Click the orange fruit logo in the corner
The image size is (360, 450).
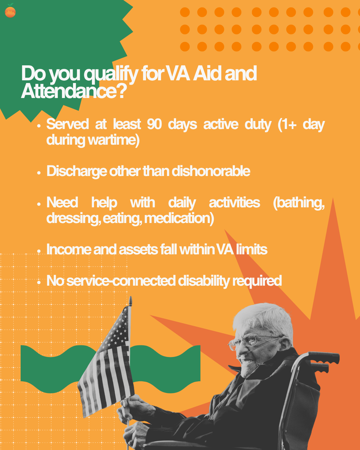[10, 11]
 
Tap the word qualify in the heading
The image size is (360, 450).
[111, 74]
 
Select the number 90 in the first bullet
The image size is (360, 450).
[154, 124]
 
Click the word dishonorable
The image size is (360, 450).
[211, 171]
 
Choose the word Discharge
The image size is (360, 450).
[77, 171]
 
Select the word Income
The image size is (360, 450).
[69, 249]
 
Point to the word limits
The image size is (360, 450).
[252, 249]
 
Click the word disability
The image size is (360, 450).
[204, 281]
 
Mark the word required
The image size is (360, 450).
[257, 281]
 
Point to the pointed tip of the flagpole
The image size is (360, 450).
[131, 297]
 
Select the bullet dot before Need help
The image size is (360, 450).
[39, 204]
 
